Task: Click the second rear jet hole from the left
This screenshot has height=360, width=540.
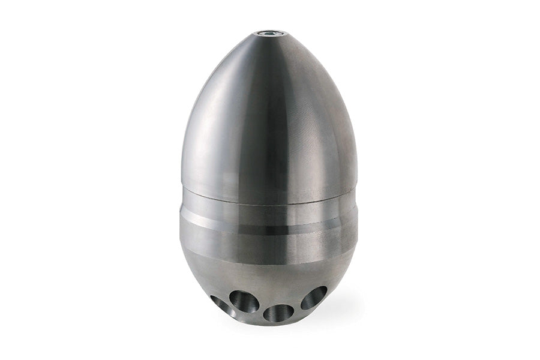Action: coord(244,301)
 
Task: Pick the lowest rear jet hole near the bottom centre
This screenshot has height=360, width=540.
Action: coord(278,313)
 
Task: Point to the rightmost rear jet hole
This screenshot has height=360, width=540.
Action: coord(314,298)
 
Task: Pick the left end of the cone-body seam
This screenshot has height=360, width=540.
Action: coord(182,187)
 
